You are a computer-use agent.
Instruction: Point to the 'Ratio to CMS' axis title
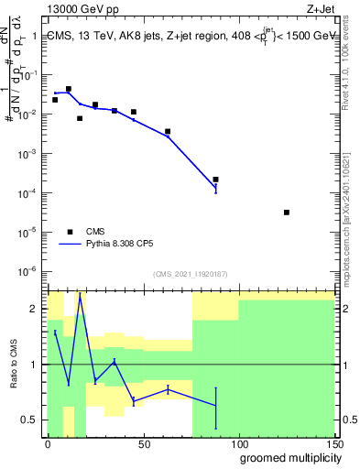pyautogui.click(x=16, y=365)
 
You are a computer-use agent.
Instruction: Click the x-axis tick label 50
pyautogui.click(x=143, y=443)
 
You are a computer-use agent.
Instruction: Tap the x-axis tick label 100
pyautogui.click(x=239, y=443)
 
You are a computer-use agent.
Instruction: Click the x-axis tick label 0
pyautogui.click(x=48, y=443)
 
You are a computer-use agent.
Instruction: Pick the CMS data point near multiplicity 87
pyautogui.click(x=215, y=180)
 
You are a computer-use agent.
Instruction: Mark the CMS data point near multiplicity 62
pyautogui.click(x=168, y=132)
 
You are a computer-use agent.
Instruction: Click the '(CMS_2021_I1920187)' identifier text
pyautogui.click(x=191, y=274)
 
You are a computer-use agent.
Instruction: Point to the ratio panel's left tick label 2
pyautogui.click(x=34, y=309)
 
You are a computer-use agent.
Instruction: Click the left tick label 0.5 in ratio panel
pyautogui.click(x=32, y=420)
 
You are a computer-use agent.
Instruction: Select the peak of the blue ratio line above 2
pyautogui.click(x=80, y=295)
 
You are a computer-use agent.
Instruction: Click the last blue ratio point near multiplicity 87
pyautogui.click(x=215, y=405)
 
